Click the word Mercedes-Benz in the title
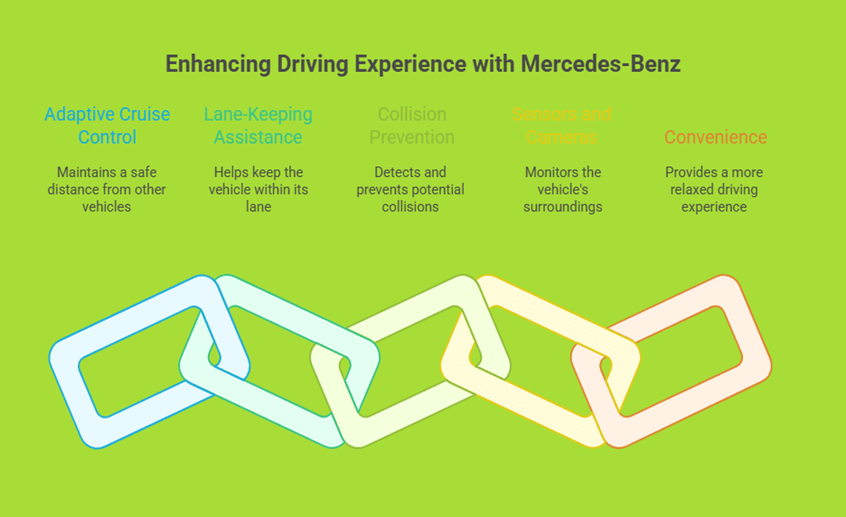(x=601, y=64)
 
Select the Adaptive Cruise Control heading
(x=107, y=126)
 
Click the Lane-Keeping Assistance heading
(x=258, y=126)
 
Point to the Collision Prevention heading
(x=411, y=126)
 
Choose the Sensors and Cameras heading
(x=562, y=126)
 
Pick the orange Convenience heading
(x=715, y=137)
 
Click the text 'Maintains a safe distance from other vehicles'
(x=107, y=189)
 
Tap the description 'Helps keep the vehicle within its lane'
(x=258, y=189)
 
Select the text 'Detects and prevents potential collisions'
(x=411, y=189)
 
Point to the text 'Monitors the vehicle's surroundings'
(x=563, y=189)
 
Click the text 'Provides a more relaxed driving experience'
(x=714, y=189)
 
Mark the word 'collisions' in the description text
(x=411, y=207)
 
